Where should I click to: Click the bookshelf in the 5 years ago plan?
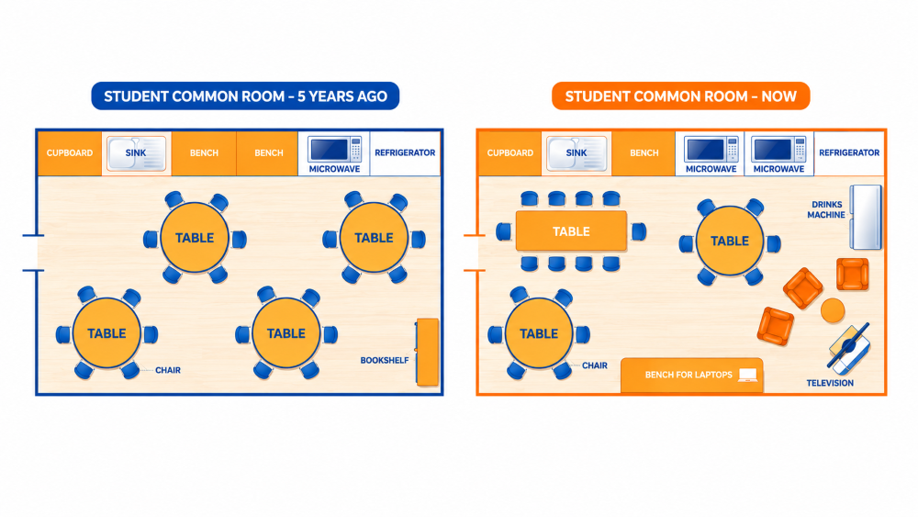click(x=428, y=352)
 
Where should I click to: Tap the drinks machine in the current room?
click(x=866, y=218)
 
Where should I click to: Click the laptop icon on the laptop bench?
click(x=747, y=375)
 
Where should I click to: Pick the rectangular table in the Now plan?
click(x=571, y=231)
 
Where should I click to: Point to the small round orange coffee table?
click(x=833, y=309)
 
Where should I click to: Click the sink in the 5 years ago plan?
click(x=136, y=152)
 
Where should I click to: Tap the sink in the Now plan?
click(x=577, y=152)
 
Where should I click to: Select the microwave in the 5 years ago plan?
click(x=334, y=149)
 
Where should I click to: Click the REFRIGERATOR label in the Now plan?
click(x=849, y=152)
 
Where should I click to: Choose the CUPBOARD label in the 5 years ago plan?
click(x=70, y=152)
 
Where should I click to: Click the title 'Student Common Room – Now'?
click(x=681, y=96)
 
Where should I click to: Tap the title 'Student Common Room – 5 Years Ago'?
click(x=245, y=96)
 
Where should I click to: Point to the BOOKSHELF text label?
click(x=384, y=360)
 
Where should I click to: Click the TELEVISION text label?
click(x=830, y=383)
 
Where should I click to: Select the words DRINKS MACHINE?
click(x=826, y=209)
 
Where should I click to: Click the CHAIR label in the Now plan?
click(x=595, y=365)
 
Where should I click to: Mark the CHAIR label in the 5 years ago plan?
click(x=168, y=370)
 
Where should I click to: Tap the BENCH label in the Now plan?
click(x=644, y=152)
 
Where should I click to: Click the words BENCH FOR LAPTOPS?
click(x=688, y=375)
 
